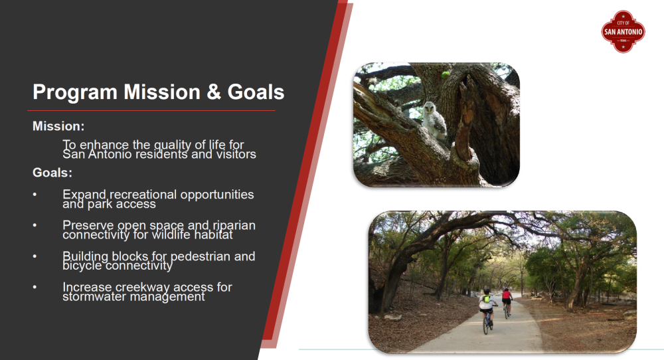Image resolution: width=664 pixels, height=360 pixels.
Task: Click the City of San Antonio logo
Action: click(623, 31)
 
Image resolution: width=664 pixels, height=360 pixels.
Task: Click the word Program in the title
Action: click(75, 92)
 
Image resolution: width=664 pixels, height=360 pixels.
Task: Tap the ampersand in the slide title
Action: click(214, 92)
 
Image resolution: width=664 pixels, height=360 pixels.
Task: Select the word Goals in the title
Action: click(256, 92)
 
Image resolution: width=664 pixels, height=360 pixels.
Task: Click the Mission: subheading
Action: click(58, 126)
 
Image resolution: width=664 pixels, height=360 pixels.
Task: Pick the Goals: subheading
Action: click(52, 173)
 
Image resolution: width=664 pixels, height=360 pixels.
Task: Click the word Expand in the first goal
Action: click(84, 195)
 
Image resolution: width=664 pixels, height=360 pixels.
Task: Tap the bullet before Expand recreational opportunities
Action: click(35, 195)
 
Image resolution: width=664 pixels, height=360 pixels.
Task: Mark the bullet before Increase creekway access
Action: click(35, 287)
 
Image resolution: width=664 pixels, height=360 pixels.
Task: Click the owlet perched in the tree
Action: click(434, 120)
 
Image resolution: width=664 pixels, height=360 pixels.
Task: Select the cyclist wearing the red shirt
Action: click(507, 302)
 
